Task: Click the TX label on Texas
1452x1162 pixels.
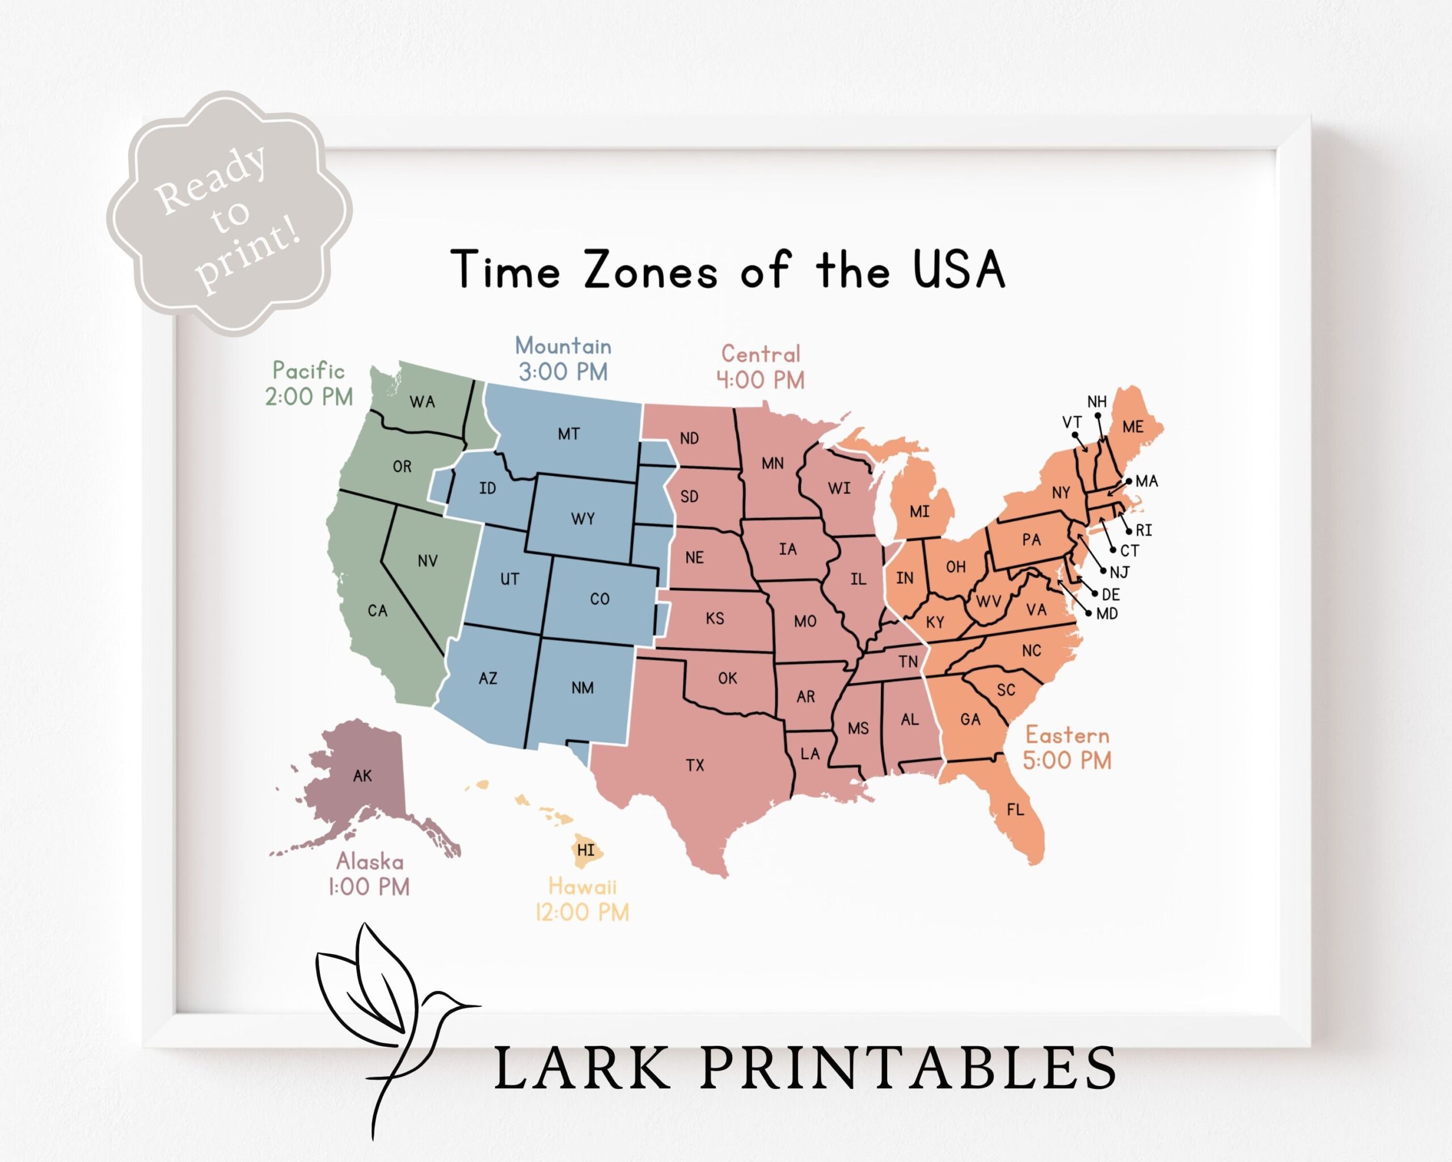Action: [695, 765]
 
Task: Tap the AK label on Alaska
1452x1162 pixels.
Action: [362, 776]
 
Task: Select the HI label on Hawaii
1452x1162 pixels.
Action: [586, 850]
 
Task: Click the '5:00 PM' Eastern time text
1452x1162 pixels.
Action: [1067, 760]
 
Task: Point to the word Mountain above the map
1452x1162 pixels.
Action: [563, 346]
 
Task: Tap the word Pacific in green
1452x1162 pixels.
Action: [309, 371]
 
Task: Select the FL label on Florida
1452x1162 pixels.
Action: [1015, 809]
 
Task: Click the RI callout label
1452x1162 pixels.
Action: [1143, 530]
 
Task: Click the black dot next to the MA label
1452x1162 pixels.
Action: [1129, 481]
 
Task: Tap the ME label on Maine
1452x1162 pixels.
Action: [1133, 427]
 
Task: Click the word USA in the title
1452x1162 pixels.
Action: [959, 270]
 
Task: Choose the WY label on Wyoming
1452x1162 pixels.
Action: [583, 518]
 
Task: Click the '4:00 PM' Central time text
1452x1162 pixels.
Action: [761, 380]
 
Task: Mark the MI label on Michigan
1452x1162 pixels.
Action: [919, 511]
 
